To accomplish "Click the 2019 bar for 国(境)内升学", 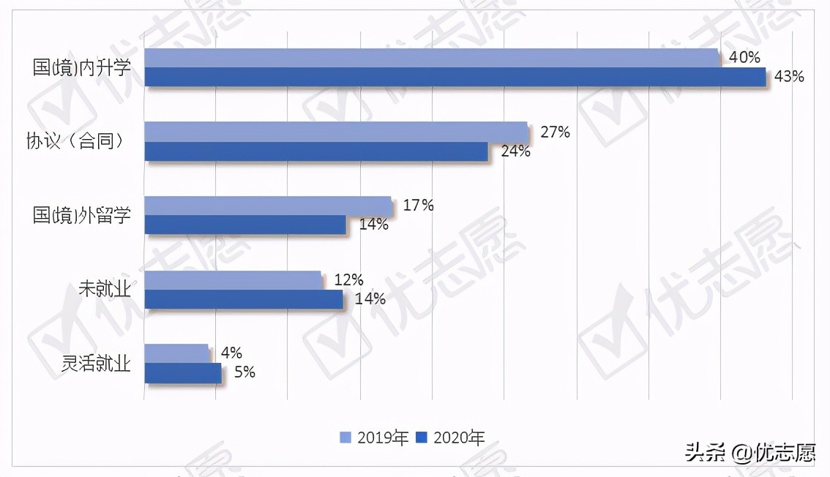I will click(432, 59).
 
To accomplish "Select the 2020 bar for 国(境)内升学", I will click(455, 77).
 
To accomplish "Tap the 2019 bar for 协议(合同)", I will click(335, 132).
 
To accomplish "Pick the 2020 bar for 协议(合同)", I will click(316, 151).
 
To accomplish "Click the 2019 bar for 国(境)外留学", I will click(268, 206).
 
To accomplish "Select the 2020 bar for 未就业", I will click(244, 299).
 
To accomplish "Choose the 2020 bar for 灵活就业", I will click(182, 373).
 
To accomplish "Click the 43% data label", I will click(788, 77).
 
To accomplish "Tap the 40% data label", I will click(744, 58).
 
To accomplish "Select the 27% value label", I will click(554, 132).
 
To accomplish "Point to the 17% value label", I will click(418, 206).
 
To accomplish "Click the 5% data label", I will click(244, 372).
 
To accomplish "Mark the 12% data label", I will click(348, 279).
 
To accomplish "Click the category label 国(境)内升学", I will click(82, 68).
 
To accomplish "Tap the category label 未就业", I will click(104, 289).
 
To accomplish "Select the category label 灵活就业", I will click(96, 363).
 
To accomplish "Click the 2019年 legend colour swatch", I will click(346, 437).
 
